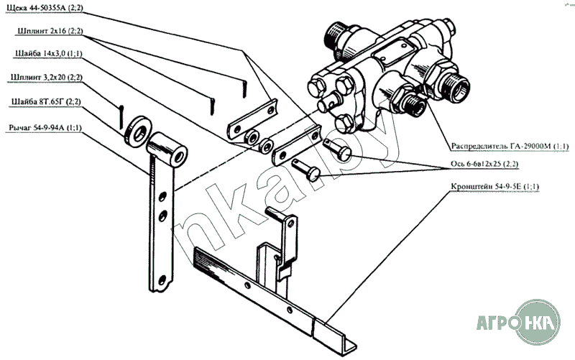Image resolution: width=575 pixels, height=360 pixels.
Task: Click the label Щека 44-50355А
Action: click(x=45, y=7)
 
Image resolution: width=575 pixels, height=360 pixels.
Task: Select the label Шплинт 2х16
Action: click(x=50, y=31)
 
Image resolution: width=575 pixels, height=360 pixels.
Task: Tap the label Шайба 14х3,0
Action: click(x=48, y=53)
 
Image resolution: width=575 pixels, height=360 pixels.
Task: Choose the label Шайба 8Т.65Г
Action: click(x=46, y=101)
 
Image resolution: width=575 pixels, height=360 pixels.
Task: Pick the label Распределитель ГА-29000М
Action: click(x=510, y=147)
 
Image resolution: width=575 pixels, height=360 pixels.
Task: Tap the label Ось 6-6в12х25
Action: click(x=484, y=164)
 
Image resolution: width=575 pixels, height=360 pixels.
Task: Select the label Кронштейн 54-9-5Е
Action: click(x=494, y=187)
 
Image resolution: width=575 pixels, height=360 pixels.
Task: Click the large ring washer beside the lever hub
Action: click(x=137, y=131)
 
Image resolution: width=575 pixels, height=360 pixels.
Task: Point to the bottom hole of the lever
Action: click(x=162, y=281)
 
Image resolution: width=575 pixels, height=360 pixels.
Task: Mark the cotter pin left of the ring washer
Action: click(x=121, y=117)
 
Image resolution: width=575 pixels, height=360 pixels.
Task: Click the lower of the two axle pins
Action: click(x=306, y=170)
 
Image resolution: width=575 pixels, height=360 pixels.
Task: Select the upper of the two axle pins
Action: click(x=337, y=149)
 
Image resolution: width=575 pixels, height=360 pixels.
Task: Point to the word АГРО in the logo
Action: click(x=497, y=323)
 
